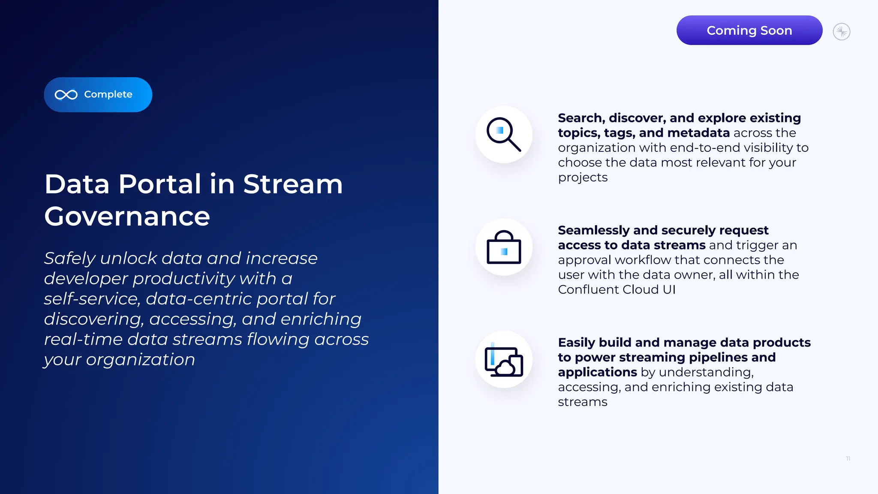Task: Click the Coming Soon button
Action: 749,30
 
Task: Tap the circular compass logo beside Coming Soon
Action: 842,32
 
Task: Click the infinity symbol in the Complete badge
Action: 66,95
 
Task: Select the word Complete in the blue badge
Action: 108,94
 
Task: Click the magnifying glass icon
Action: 504,134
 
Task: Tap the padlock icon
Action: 504,247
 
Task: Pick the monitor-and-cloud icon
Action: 504,360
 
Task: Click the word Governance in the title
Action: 127,217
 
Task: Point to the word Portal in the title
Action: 160,184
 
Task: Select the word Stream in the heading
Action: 293,184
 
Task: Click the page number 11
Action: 848,458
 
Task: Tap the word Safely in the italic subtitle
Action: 70,259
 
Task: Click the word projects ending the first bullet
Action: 583,178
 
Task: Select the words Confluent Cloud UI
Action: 616,289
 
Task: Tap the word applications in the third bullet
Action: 597,372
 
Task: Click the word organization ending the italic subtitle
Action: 140,360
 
